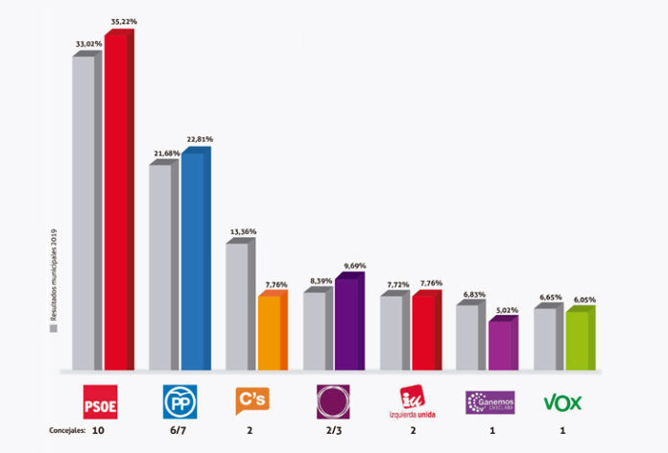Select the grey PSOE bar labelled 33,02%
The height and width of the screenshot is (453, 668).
pyautogui.click(x=84, y=211)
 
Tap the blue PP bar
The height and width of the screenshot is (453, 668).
pyautogui.click(x=194, y=259)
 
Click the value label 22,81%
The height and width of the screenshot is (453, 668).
pyautogui.click(x=200, y=139)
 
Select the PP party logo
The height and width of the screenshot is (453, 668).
pyautogui.click(x=178, y=402)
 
